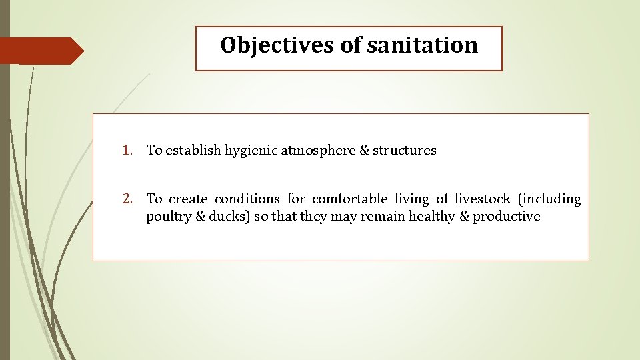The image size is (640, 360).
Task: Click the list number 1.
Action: pyautogui.click(x=126, y=151)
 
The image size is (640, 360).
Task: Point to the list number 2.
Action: pyautogui.click(x=126, y=199)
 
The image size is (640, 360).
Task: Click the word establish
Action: pyautogui.click(x=193, y=151)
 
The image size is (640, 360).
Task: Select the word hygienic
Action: pyautogui.click(x=251, y=151)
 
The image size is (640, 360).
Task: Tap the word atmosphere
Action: pyautogui.click(x=318, y=151)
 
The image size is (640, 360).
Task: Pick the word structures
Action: pyautogui.click(x=405, y=151)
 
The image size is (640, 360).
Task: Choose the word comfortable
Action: pyautogui.click(x=349, y=199)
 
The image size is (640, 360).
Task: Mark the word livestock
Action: pyautogui.click(x=483, y=199)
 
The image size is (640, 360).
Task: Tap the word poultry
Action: pyautogui.click(x=167, y=217)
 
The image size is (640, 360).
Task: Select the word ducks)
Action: pyautogui.click(x=231, y=217)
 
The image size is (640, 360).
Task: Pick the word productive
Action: pyautogui.click(x=507, y=217)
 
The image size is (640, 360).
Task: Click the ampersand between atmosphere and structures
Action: pyautogui.click(x=364, y=151)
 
